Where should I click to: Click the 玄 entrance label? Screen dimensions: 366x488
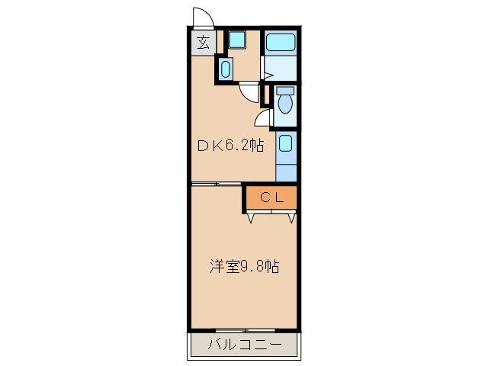pyautogui.click(x=203, y=43)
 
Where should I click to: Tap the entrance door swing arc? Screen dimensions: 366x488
pyautogui.click(x=203, y=16)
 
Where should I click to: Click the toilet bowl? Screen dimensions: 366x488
pyautogui.click(x=285, y=104)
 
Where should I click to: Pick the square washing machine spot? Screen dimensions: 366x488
pyautogui.click(x=236, y=40)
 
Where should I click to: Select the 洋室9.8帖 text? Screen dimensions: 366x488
pyautogui.click(x=244, y=267)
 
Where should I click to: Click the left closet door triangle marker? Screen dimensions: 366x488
pyautogui.click(x=252, y=219)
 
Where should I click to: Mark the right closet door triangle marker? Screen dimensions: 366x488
pyautogui.click(x=291, y=219)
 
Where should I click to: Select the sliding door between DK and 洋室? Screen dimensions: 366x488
pyautogui.click(x=217, y=184)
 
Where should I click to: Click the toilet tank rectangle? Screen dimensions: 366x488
pyautogui.click(x=285, y=90)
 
